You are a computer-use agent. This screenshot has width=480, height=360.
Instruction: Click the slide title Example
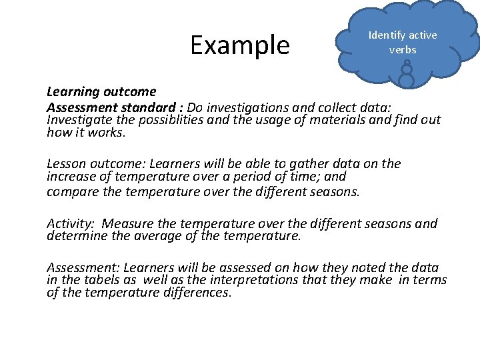click(x=240, y=45)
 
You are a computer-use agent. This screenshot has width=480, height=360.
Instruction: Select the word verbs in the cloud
click(x=403, y=50)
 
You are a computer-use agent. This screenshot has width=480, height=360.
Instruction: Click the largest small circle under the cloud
click(x=406, y=79)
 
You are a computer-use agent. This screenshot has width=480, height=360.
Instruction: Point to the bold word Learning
click(x=71, y=92)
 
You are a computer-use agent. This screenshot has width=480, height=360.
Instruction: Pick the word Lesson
click(x=66, y=164)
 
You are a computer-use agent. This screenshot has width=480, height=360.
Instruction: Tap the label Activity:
click(x=71, y=224)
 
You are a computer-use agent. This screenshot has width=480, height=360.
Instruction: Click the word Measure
click(x=127, y=224)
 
